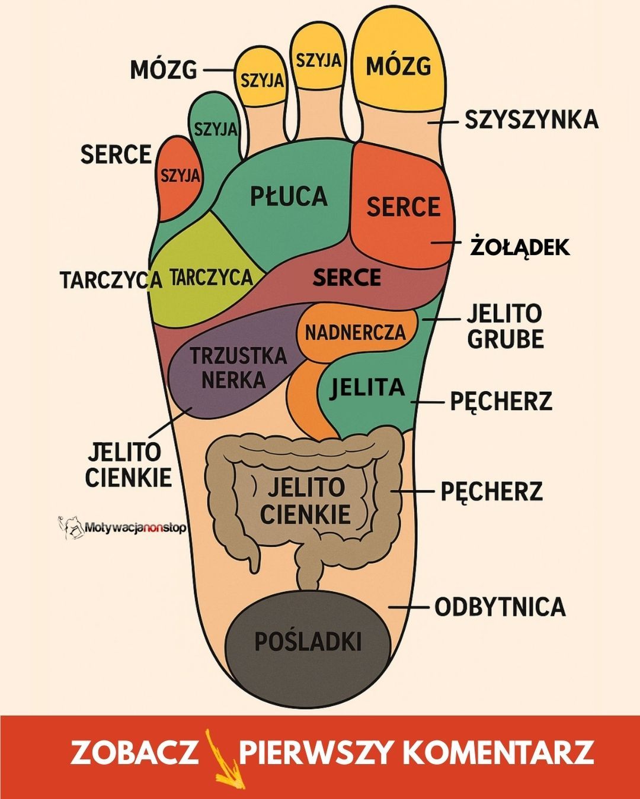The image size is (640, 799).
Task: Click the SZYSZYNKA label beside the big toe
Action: [x=531, y=120]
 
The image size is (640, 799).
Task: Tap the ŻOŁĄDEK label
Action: [x=520, y=247]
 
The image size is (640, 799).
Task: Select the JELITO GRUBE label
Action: [x=505, y=326]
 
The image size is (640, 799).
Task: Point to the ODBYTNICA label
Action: [x=500, y=607]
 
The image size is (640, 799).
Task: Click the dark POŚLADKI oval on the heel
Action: [x=308, y=642]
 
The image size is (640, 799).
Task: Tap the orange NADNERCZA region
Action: [x=356, y=332]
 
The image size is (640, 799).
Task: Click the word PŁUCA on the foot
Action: [x=289, y=196]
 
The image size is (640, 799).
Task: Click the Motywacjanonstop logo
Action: [x=121, y=526]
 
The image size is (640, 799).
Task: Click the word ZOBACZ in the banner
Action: [x=135, y=752]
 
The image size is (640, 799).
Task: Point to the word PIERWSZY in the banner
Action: [x=316, y=752]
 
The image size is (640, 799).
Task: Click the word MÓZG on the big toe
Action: [x=398, y=66]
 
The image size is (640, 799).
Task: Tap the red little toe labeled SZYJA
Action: [x=180, y=176]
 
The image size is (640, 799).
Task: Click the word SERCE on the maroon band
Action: [x=347, y=278]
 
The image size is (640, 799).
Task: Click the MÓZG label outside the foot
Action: [x=164, y=70]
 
